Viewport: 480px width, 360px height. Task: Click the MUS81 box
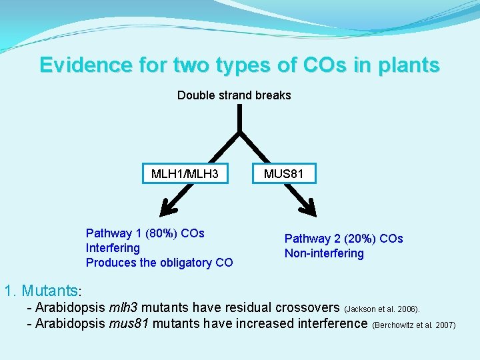[284, 173]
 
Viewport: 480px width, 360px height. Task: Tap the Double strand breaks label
[234, 95]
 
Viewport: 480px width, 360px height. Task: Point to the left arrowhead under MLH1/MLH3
[169, 207]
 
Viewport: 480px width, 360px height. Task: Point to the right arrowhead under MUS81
[308, 207]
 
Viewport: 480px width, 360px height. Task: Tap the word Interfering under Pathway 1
[113, 248]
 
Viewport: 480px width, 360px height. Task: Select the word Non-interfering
[324, 253]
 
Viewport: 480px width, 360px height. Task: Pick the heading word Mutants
[49, 291]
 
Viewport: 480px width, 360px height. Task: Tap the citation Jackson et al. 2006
[382, 309]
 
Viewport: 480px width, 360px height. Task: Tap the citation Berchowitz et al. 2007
[413, 325]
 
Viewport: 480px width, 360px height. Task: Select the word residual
[261, 308]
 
